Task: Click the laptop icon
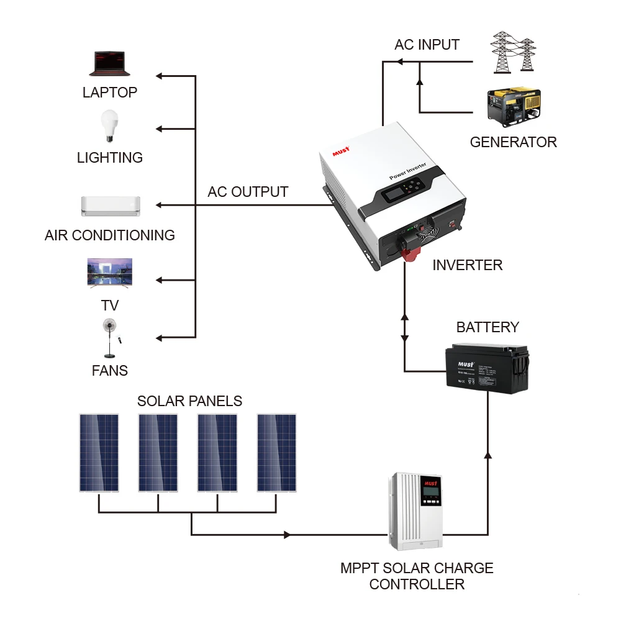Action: click(110, 64)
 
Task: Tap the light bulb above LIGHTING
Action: click(109, 126)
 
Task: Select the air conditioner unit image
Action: click(111, 206)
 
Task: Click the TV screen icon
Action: click(110, 273)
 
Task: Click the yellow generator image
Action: click(514, 108)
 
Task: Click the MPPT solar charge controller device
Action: click(416, 510)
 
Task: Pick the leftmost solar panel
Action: click(99, 453)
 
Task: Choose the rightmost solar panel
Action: click(277, 453)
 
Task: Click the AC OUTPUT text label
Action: click(248, 192)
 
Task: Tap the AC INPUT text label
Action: click(427, 45)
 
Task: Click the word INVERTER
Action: click(467, 265)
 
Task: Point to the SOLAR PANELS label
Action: click(189, 401)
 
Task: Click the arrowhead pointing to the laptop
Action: click(159, 76)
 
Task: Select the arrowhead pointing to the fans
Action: click(159, 338)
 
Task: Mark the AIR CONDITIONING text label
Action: click(110, 235)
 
